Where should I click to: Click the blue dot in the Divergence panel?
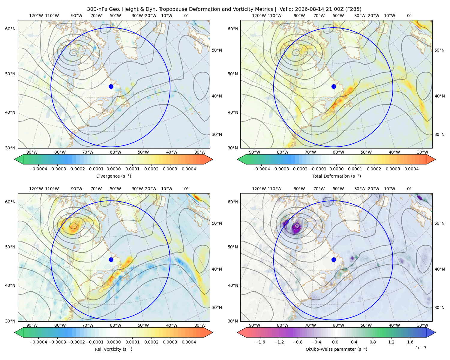point(111,87)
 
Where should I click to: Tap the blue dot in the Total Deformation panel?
point(334,87)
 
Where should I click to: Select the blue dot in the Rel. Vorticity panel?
point(111,259)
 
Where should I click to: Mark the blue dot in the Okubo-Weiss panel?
point(334,259)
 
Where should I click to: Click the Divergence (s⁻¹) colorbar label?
point(113,176)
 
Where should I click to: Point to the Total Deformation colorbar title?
point(336,176)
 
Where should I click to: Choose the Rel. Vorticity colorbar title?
point(113,349)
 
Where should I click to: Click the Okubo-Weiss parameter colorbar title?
point(336,349)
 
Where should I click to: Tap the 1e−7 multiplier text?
point(421,348)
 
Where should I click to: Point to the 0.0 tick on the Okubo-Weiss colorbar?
point(335,342)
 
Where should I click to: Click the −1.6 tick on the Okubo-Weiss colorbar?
point(260,342)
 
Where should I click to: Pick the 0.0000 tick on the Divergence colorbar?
point(113,169)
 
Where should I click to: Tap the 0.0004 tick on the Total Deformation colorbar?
point(411,169)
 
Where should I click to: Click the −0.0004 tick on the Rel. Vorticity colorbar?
point(38,342)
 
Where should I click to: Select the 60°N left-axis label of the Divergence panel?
point(10,29)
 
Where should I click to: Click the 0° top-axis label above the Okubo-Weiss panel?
point(409,189)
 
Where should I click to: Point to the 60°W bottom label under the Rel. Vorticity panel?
point(115,325)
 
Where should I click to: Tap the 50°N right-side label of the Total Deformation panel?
point(439,50)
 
